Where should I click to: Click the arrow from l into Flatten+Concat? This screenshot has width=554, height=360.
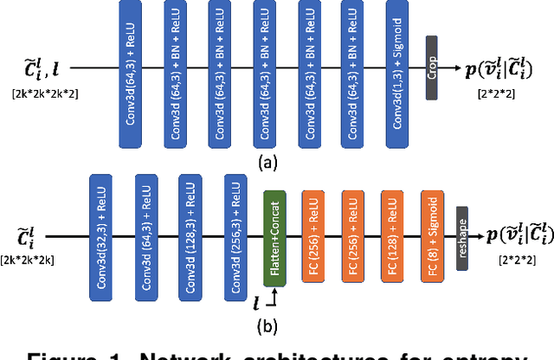(272, 296)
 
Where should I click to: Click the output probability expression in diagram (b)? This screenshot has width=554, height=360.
(515, 235)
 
